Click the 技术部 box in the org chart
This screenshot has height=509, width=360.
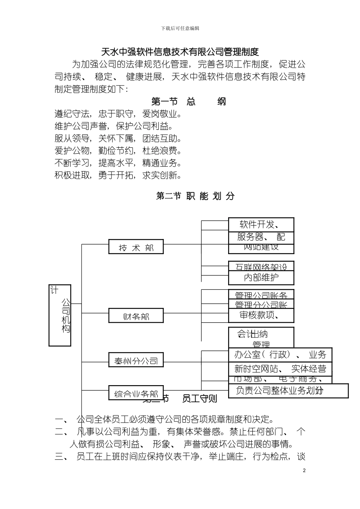[x=136, y=247]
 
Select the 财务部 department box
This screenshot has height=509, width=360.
[x=136, y=315]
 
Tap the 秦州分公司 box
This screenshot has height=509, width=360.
[x=136, y=360]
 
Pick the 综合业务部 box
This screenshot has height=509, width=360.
[x=136, y=392]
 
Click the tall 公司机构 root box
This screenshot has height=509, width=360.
[x=60, y=315]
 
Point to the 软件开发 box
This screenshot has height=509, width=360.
[x=261, y=224]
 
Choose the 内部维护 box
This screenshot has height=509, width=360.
[x=261, y=278]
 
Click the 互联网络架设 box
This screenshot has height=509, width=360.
[x=261, y=266]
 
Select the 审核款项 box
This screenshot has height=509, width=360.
[x=261, y=315]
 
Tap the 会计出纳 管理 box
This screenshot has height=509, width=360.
[x=261, y=337]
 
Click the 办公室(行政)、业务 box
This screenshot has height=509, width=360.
[x=280, y=355]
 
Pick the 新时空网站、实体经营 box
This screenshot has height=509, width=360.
[x=280, y=368]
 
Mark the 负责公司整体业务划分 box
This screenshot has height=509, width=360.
[x=288, y=390]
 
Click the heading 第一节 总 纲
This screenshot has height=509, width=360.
[x=188, y=101]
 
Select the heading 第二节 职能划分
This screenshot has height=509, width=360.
[x=195, y=196]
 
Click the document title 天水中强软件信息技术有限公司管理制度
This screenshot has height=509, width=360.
[x=180, y=52]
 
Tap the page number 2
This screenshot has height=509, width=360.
[x=304, y=470]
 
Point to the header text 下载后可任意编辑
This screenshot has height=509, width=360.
[x=180, y=28]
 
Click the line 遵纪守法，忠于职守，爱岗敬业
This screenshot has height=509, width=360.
[x=118, y=114]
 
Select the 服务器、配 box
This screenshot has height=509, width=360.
[x=261, y=237]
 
